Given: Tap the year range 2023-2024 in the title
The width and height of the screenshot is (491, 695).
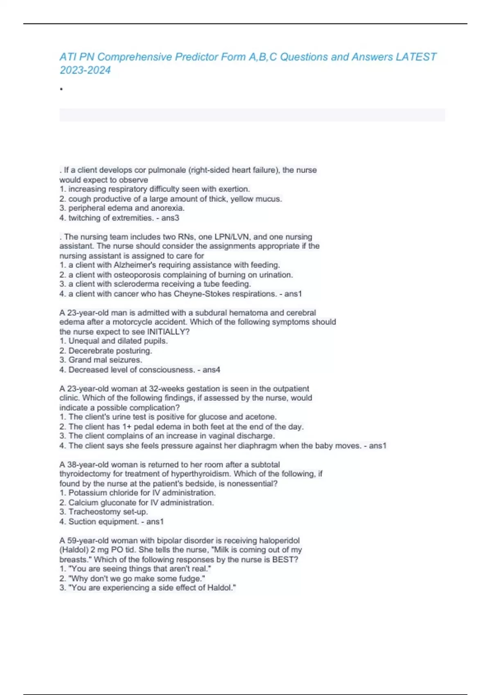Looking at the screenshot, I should pyautogui.click(x=85, y=70).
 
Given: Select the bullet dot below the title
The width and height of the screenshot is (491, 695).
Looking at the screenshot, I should pyautogui.click(x=61, y=89).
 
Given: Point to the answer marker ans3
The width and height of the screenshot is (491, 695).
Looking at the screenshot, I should pyautogui.click(x=170, y=218).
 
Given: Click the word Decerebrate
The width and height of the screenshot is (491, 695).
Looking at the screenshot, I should pyautogui.click(x=88, y=351).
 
